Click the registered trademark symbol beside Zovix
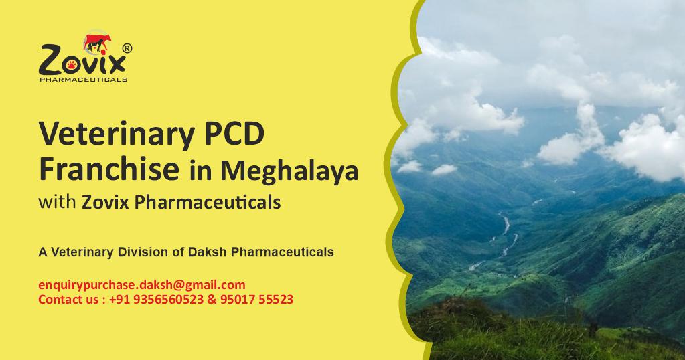tap(127, 48)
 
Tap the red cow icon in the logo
tap(97, 43)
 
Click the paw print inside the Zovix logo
tap(72, 65)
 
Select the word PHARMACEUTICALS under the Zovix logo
tap(83, 80)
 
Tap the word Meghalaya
tap(289, 171)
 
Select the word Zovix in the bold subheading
tap(105, 202)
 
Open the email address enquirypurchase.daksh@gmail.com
tap(142, 285)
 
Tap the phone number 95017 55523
tap(256, 299)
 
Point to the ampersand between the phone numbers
tap(212, 300)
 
